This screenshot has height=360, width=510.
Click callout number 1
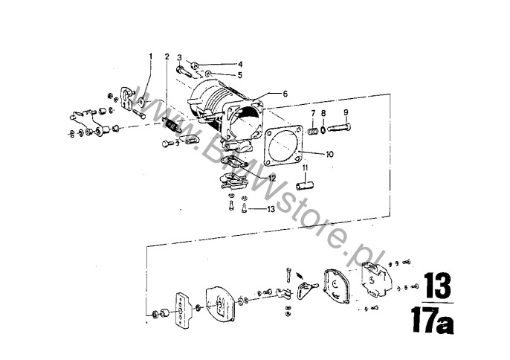pos(151,57)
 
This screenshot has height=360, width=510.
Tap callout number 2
pos(167,57)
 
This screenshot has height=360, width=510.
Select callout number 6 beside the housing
pos(285,94)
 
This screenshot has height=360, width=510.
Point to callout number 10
pos(329,154)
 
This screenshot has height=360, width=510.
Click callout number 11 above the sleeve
pos(306,168)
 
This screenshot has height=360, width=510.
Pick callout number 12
pos(271,179)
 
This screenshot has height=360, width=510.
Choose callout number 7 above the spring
pos(313,113)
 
